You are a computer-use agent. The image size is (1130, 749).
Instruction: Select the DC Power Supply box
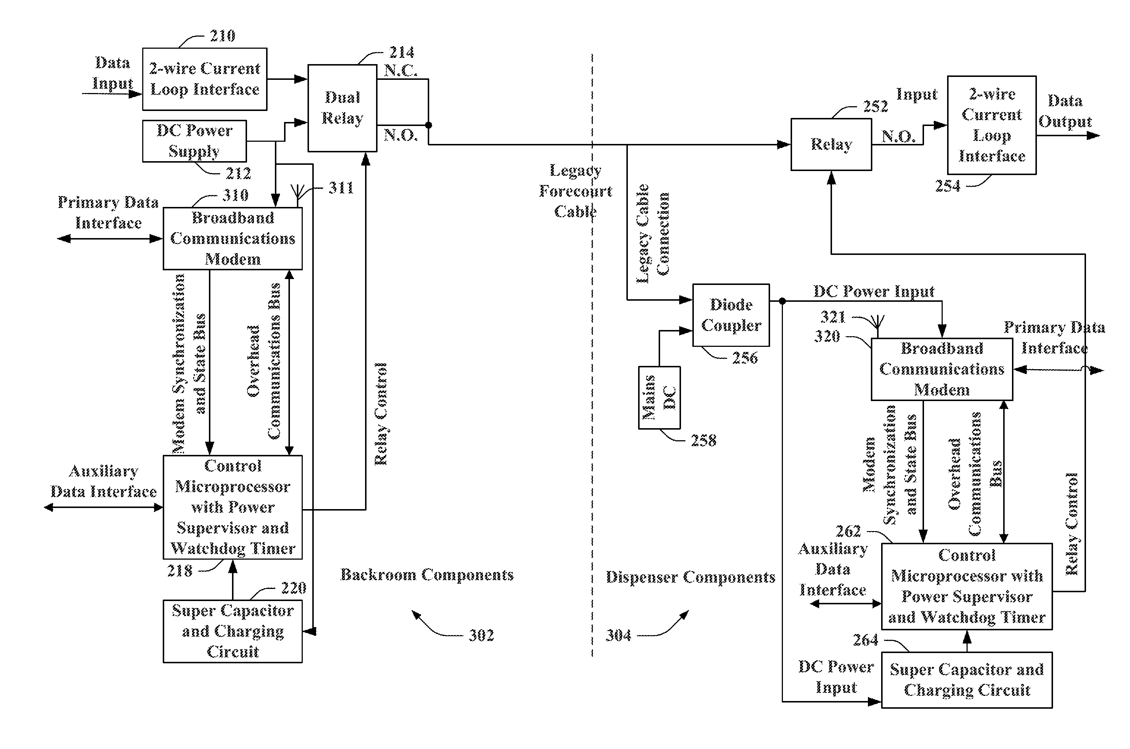(x=194, y=141)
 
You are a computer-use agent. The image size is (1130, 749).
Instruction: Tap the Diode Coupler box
(x=730, y=315)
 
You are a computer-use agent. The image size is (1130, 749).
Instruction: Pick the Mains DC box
(x=659, y=397)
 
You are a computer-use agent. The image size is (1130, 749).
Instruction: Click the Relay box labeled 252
(x=831, y=144)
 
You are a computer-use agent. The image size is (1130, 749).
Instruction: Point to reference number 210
(x=223, y=36)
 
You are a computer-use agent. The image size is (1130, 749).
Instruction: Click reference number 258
(x=703, y=440)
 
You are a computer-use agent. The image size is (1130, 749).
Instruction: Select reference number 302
(x=481, y=635)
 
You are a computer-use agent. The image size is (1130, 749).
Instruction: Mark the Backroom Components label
(x=427, y=575)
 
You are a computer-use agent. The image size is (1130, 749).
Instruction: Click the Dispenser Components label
(x=690, y=578)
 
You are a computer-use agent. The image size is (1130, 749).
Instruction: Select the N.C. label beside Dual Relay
(x=400, y=71)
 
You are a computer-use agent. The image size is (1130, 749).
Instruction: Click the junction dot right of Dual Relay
(x=428, y=125)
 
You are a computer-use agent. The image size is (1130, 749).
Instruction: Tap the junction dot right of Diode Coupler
(x=782, y=301)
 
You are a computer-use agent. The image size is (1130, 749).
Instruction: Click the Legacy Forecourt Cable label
(x=575, y=191)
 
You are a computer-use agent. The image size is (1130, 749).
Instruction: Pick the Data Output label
(x=1065, y=111)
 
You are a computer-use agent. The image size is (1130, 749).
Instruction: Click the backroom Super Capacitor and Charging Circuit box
(x=232, y=631)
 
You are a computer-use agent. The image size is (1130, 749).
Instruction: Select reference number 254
(x=947, y=186)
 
